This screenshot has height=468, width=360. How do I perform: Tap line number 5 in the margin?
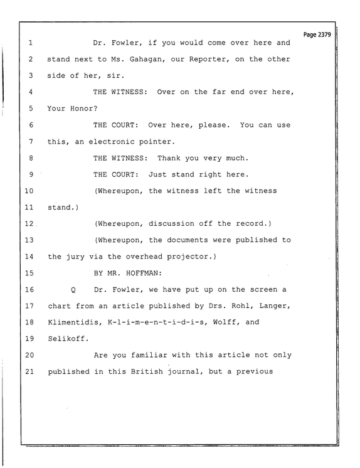pyautogui.click(x=31, y=109)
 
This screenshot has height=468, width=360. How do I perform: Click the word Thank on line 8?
pyautogui.click(x=169, y=158)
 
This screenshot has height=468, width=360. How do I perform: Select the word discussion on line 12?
pyautogui.click(x=171, y=223)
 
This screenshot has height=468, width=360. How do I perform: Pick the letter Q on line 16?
pyautogui.click(x=73, y=290)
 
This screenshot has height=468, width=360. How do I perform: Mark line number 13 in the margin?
pyautogui.click(x=29, y=240)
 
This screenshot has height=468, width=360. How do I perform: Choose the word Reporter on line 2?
pyautogui.click(x=207, y=59)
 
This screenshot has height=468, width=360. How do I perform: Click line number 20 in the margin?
pyautogui.click(x=29, y=355)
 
